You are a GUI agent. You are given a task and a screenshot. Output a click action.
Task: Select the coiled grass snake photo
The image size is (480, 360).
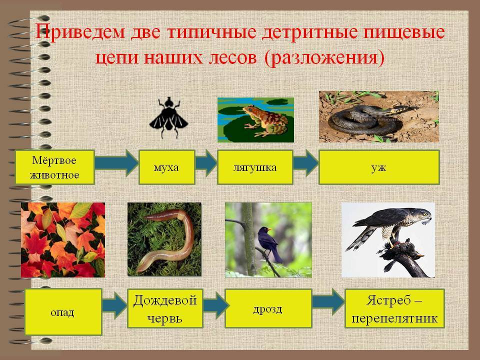point(378,116)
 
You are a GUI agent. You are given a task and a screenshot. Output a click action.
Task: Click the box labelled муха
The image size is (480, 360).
point(167,167)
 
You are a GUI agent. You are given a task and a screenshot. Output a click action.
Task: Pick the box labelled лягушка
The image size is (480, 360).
point(255,167)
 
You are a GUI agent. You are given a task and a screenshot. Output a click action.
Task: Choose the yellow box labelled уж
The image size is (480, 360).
point(379,167)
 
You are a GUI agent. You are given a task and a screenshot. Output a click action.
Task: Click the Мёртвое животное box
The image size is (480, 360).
point(55,167)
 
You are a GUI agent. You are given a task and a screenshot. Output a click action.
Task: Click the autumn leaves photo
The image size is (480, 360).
point(63,240)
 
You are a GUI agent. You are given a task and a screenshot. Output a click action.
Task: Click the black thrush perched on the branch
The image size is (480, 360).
point(269,244)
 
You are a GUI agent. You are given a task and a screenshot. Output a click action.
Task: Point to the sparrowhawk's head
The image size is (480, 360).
point(424,214)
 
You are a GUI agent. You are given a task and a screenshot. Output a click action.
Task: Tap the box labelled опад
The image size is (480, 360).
point(63,312)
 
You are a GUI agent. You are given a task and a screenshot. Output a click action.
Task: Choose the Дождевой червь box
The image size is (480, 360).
point(165,308)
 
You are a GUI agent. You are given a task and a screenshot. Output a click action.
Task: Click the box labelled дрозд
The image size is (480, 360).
point(268,308)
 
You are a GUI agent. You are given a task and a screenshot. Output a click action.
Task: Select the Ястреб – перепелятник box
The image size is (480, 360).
point(394,308)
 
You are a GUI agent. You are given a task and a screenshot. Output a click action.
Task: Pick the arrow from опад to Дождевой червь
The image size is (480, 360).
point(114,305)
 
